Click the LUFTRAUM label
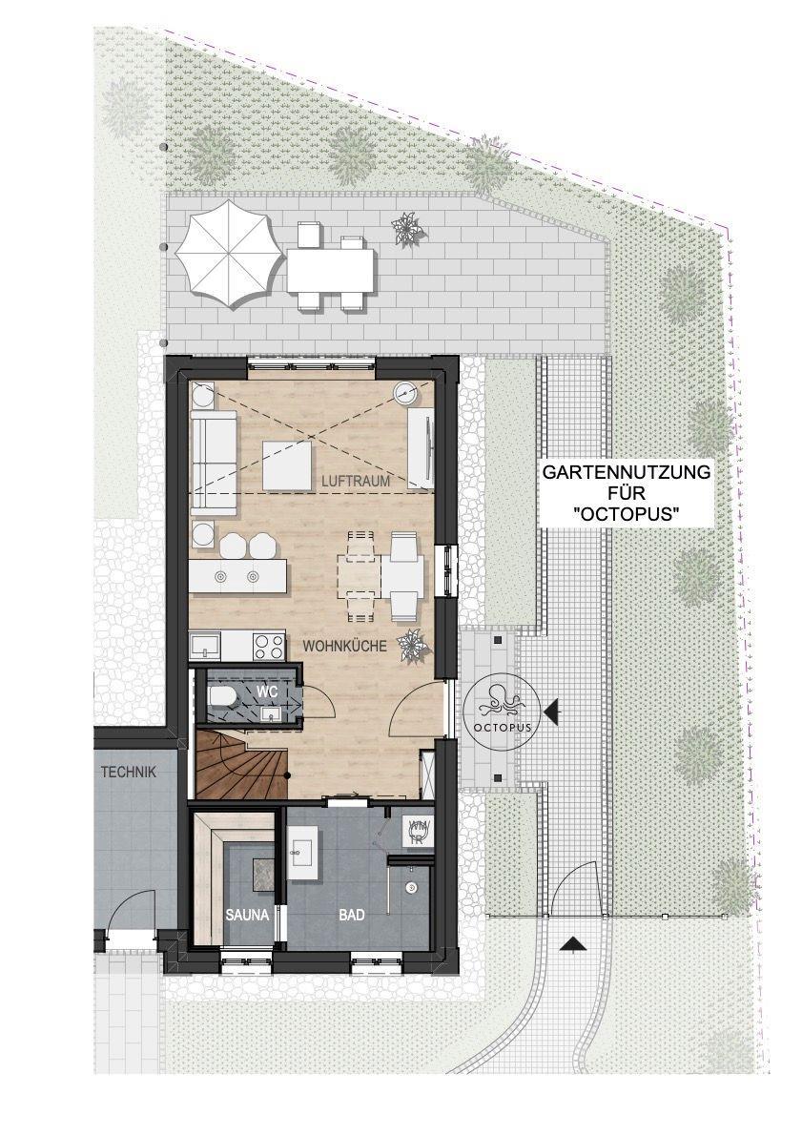click(356, 481)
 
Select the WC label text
click(268, 691)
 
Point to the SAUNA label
click(248, 915)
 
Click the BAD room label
click(352, 915)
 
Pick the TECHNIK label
click(128, 773)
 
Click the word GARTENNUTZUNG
click(627, 473)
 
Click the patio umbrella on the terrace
click(228, 254)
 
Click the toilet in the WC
click(222, 698)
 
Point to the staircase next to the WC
click(241, 764)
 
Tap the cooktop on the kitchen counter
click(269, 646)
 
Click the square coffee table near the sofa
click(288, 465)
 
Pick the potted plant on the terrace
click(408, 228)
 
